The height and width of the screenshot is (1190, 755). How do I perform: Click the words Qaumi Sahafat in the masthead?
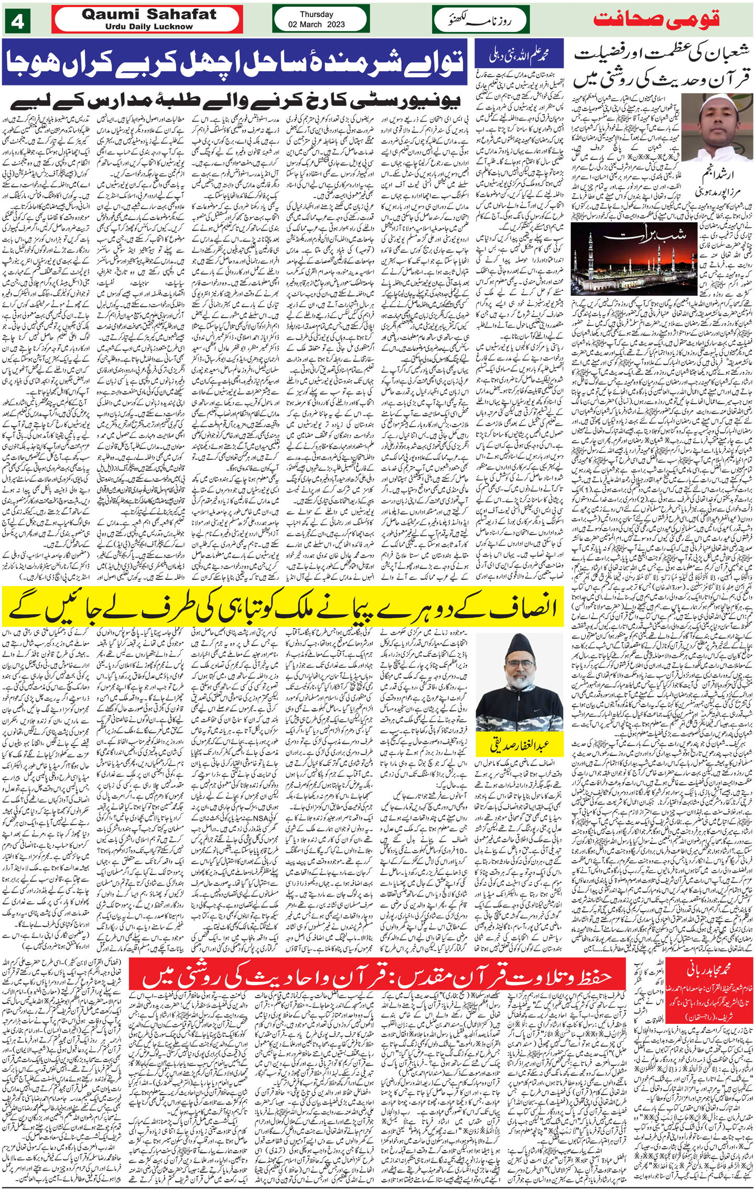coord(149,15)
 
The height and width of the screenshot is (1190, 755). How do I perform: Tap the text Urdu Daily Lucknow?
coord(149,26)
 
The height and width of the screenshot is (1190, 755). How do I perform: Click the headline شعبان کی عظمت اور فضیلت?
coord(662,66)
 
